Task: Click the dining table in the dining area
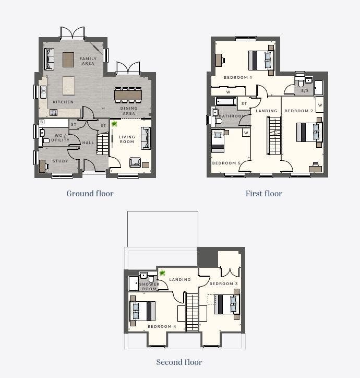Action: click(x=128, y=95)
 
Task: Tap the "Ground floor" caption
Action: click(x=90, y=194)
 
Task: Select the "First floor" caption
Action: click(x=264, y=194)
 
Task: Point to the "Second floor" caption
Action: click(x=179, y=362)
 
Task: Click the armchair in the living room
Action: click(x=135, y=162)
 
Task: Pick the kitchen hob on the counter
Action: click(x=54, y=112)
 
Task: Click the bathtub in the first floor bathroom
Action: click(x=226, y=101)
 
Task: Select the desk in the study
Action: click(x=42, y=167)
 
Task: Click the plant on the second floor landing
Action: click(x=162, y=273)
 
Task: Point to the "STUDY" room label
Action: click(x=60, y=161)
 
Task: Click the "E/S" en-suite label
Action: click(x=305, y=91)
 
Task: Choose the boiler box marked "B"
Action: click(x=42, y=122)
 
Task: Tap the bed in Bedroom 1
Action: click(x=261, y=60)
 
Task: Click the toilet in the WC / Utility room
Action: click(x=46, y=140)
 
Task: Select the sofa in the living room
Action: click(x=146, y=138)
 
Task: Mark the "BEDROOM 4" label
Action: click(x=162, y=326)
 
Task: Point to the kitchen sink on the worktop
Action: click(x=43, y=92)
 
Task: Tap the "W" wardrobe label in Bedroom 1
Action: click(x=228, y=92)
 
